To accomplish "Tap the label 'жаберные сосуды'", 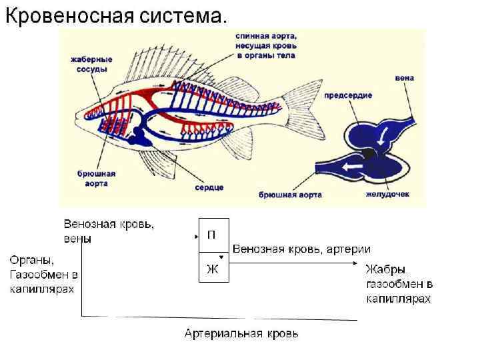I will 91,64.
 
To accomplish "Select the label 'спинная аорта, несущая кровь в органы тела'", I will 266,45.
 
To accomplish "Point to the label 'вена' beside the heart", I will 404,78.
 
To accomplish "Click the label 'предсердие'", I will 348,96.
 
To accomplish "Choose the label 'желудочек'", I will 387,195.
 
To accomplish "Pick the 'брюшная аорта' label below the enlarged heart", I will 291,195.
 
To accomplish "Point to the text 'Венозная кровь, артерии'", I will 301,249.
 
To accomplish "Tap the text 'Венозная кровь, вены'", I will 109,231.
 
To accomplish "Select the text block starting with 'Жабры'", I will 398,284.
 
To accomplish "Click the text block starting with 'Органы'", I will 44,273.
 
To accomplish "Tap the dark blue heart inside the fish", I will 141,133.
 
